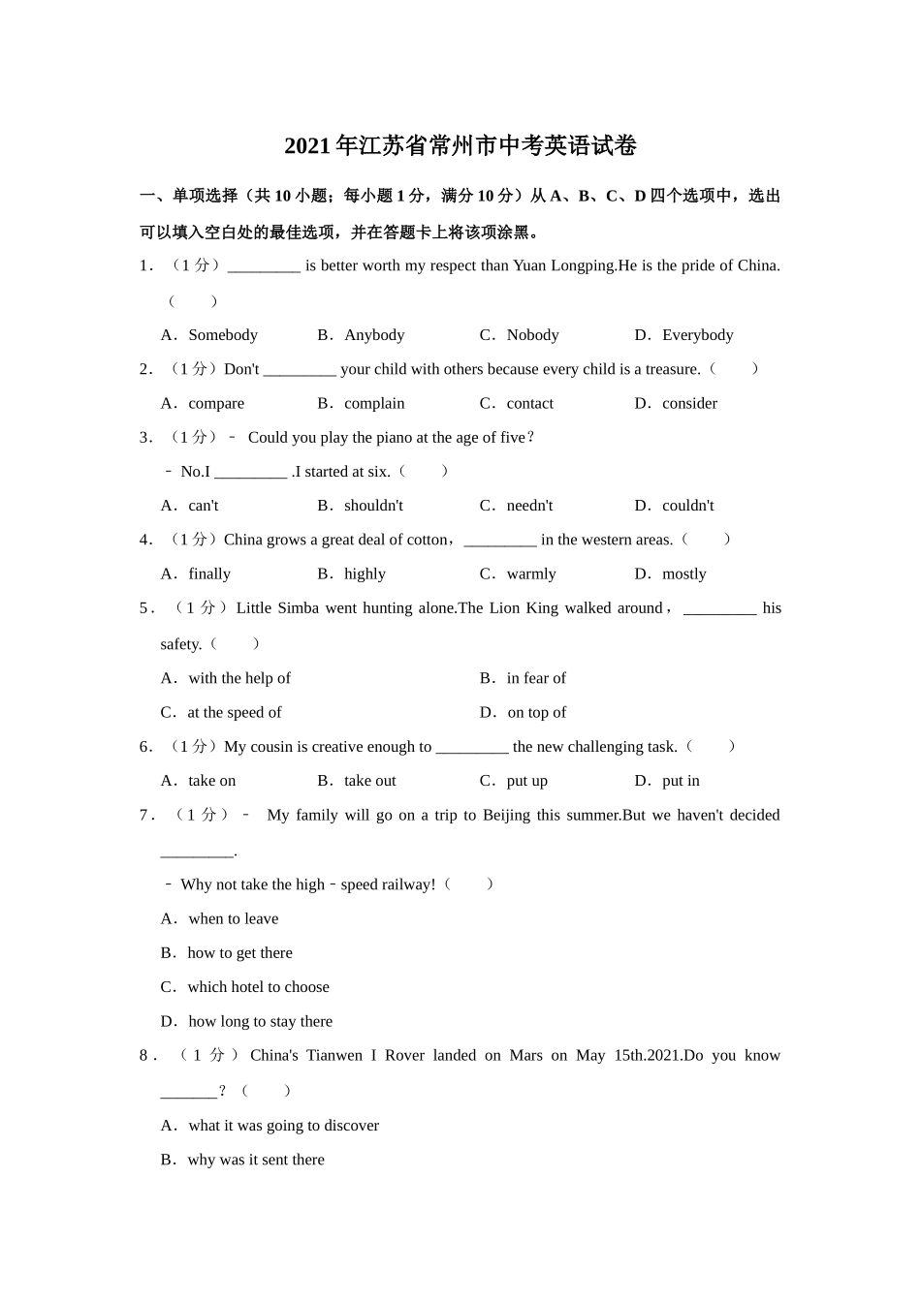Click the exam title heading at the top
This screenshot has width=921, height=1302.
[460, 146]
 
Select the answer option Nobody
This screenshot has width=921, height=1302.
[532, 335]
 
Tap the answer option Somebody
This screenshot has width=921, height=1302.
[222, 335]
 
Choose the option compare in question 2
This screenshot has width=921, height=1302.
[215, 403]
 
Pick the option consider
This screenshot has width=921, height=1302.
[689, 403]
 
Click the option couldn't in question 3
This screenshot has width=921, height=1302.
[687, 506]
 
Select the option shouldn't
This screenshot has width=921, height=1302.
[373, 506]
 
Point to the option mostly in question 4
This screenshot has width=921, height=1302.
[683, 573]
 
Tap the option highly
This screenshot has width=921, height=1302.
[365, 573]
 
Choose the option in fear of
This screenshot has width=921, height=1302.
[535, 678]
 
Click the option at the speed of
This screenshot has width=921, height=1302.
[234, 712]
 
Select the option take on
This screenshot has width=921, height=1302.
[211, 781]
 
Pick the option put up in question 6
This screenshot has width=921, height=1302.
[526, 781]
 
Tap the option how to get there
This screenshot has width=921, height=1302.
[239, 953]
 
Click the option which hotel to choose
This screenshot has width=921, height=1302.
[258, 987]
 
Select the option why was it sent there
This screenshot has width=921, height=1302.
[256, 1160]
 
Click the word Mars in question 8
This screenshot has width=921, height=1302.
[525, 1055]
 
